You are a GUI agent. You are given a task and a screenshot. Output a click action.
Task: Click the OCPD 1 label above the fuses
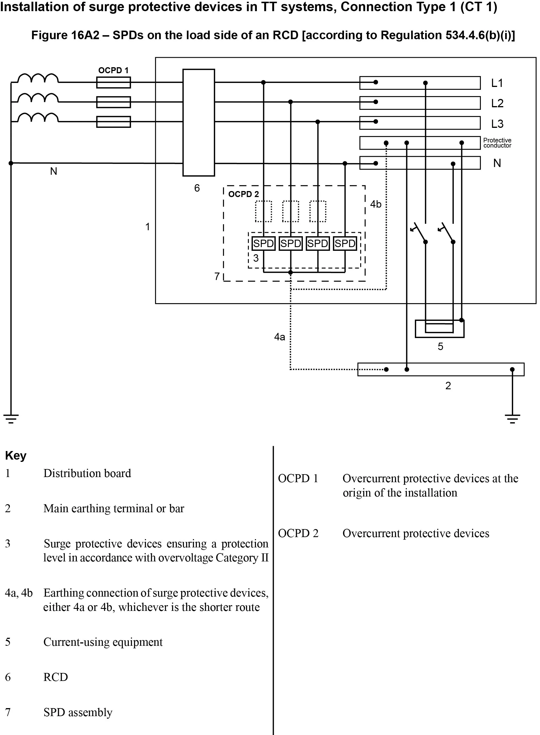(113, 70)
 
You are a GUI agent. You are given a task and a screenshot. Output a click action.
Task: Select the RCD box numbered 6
(199, 122)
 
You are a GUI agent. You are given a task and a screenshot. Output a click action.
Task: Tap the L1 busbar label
(497, 83)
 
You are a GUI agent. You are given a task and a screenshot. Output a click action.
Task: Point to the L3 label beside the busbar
(497, 124)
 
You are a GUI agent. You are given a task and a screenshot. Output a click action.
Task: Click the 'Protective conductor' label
(497, 143)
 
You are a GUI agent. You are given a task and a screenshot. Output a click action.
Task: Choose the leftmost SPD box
(263, 243)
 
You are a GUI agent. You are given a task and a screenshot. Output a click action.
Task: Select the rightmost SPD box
(345, 243)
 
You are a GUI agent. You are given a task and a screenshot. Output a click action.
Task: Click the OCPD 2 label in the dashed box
(243, 194)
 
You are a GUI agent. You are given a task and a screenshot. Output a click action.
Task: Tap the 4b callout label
(376, 204)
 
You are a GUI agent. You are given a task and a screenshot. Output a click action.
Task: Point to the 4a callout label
(279, 337)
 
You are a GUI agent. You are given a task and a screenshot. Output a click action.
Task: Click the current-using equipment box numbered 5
(440, 328)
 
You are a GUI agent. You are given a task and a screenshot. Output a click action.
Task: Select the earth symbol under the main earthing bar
(512, 419)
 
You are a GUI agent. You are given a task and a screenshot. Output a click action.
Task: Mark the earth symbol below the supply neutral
(11, 419)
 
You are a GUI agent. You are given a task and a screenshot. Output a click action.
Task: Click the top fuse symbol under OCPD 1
(113, 82)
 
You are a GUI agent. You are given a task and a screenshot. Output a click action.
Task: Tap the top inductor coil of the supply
(38, 78)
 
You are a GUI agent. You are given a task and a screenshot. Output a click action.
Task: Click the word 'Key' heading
(16, 455)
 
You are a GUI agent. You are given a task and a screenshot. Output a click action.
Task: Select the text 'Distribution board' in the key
(87, 473)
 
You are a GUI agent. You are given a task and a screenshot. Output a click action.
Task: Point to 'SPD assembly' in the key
(78, 712)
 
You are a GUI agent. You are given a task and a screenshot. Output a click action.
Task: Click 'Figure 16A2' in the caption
(65, 35)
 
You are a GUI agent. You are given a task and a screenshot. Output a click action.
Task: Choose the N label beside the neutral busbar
(497, 163)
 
